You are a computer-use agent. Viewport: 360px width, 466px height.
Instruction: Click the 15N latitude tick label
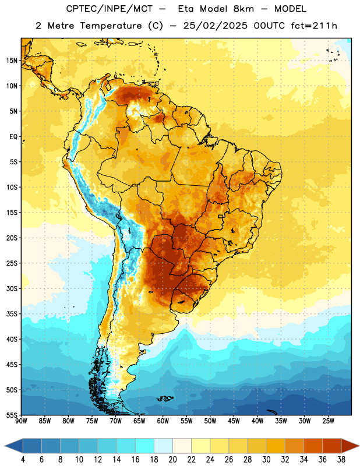point(12,61)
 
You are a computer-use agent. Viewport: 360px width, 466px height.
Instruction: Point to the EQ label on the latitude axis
point(13,137)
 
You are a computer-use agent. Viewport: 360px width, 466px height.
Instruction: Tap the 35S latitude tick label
point(12,314)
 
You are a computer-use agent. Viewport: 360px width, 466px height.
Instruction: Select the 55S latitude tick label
point(12,415)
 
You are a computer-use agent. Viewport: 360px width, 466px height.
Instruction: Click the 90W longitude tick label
point(21,421)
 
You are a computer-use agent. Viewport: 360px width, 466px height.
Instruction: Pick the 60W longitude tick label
point(163,421)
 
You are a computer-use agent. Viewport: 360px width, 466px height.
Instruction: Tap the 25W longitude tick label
point(328,421)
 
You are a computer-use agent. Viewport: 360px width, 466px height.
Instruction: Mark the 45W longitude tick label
point(234,421)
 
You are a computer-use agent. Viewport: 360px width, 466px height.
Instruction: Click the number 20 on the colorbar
point(172,460)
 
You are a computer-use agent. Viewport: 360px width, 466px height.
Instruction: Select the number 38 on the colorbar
point(341,460)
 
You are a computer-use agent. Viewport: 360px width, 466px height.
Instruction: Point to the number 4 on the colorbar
point(23,460)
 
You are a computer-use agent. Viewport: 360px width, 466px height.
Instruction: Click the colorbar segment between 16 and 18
point(145,446)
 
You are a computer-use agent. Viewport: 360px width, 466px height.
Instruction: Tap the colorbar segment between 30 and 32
point(276,446)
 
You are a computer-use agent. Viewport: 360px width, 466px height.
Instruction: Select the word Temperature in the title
point(111,26)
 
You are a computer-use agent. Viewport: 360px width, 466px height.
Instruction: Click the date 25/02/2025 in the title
point(215,26)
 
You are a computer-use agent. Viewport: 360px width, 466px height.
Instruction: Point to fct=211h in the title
point(313,26)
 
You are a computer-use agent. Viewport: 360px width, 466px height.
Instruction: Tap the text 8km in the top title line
point(243,9)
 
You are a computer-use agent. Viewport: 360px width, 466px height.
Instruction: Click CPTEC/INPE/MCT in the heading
point(110,9)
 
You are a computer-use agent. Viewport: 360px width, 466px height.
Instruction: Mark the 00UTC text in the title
point(269,26)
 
